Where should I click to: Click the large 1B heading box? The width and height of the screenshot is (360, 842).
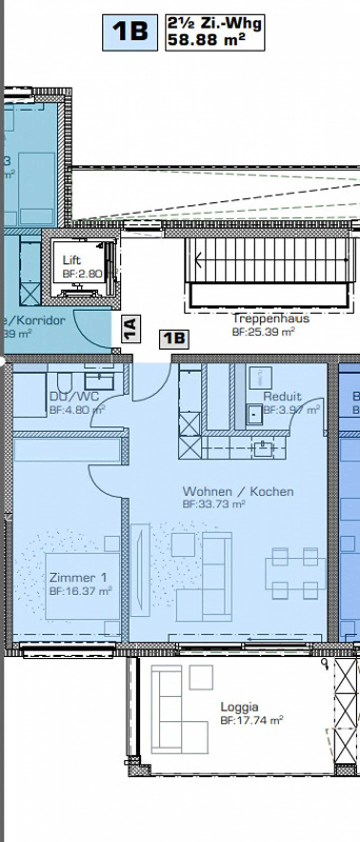pyautogui.click(x=130, y=32)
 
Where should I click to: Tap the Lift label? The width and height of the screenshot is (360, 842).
pyautogui.click(x=71, y=260)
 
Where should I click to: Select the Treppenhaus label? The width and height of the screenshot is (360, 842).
pyautogui.click(x=271, y=318)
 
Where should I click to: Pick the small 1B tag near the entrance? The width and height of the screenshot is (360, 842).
pyautogui.click(x=174, y=339)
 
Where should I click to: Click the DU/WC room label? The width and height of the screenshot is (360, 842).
pyautogui.click(x=74, y=396)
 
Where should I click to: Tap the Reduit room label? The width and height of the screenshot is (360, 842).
pyautogui.click(x=282, y=396)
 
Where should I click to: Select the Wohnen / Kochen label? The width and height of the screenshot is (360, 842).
pyautogui.click(x=238, y=491)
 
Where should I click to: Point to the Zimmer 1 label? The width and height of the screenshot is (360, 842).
pyautogui.click(x=78, y=577)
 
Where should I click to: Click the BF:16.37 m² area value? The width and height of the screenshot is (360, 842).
pyautogui.click(x=80, y=591)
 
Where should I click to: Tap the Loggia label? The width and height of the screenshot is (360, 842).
pyautogui.click(x=239, y=707)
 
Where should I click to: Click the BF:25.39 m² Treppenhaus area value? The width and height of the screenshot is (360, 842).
pyautogui.click(x=263, y=332)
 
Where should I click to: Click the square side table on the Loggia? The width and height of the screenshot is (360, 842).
pyautogui.click(x=201, y=677)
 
